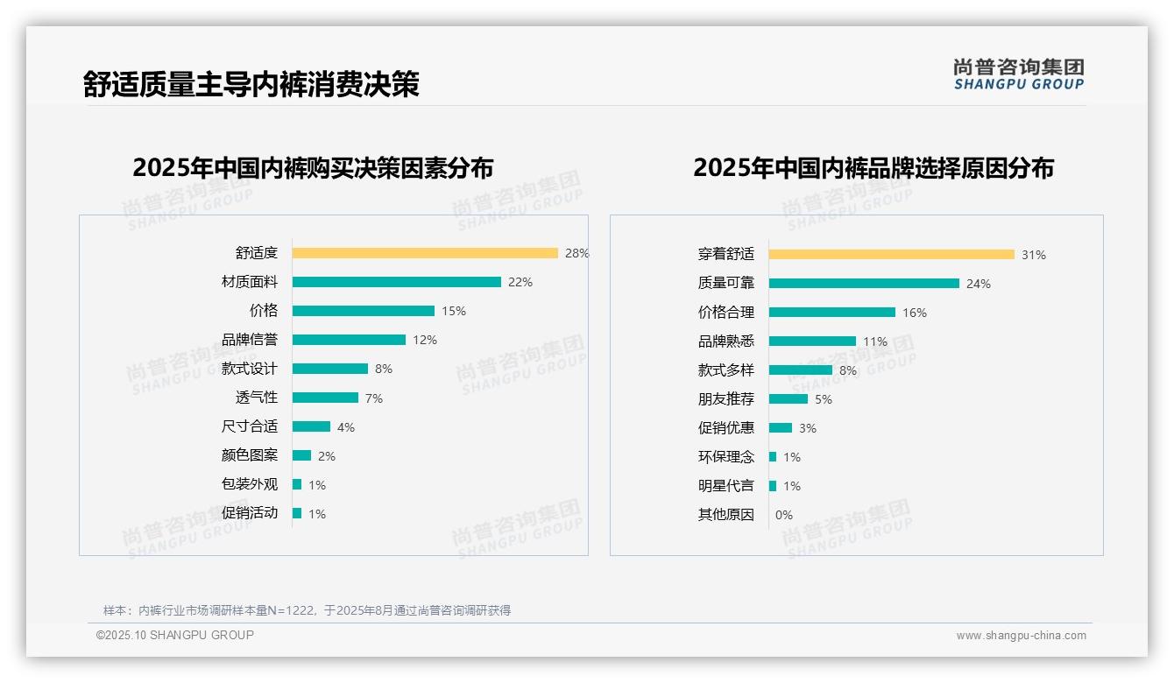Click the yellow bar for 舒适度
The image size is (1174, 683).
[x=425, y=253]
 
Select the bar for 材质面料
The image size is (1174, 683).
[x=396, y=282]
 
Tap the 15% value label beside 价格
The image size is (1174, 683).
[x=454, y=311]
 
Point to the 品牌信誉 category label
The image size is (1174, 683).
[x=250, y=340]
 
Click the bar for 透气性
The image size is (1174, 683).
[x=325, y=398]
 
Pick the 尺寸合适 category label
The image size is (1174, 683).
[x=250, y=426]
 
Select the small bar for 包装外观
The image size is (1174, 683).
[x=297, y=484]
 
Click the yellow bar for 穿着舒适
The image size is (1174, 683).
[x=891, y=255]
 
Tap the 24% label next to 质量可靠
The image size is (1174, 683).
[x=979, y=284]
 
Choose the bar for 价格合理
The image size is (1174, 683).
[x=832, y=313]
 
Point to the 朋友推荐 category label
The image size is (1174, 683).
[x=725, y=399]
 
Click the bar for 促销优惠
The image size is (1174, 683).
[x=781, y=428]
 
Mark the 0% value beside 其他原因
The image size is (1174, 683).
[x=784, y=515]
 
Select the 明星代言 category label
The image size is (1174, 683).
[x=725, y=486]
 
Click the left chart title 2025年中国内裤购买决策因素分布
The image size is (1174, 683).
[x=313, y=168]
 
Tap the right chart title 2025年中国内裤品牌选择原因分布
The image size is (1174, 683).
[x=873, y=168]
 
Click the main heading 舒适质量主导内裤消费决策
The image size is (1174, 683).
[x=251, y=84]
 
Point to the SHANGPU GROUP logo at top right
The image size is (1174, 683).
[x=1018, y=74]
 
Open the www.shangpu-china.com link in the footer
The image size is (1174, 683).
[x=1021, y=636]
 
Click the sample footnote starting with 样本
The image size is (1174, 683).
[x=307, y=610]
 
